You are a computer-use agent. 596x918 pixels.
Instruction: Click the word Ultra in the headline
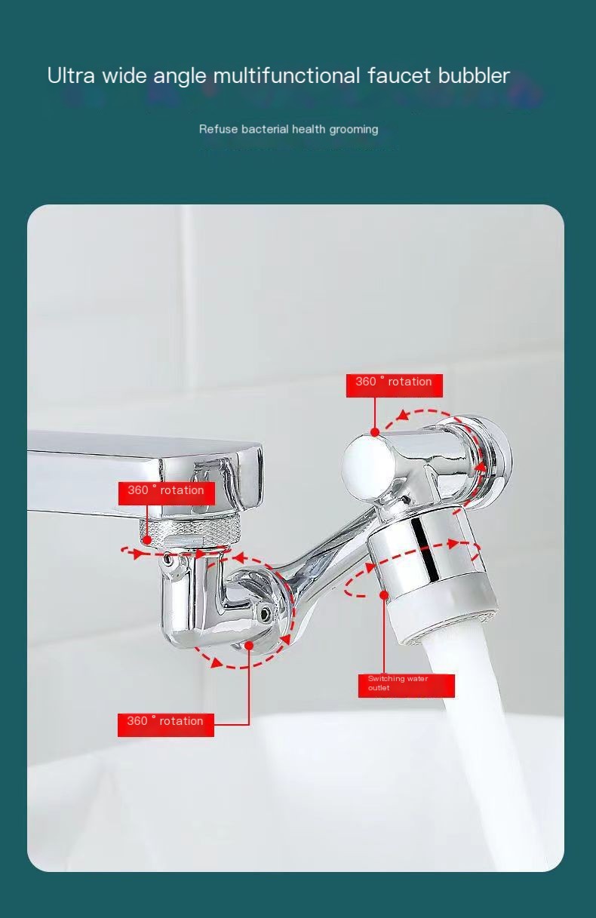tap(71, 75)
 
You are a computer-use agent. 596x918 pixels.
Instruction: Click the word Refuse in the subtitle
tap(218, 129)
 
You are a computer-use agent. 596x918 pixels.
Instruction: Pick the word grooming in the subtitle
tap(353, 129)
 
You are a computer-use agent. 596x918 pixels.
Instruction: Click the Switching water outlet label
tap(406, 684)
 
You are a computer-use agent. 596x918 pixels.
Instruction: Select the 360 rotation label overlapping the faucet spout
tap(166, 491)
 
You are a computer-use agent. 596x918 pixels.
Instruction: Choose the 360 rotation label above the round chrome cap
tap(394, 382)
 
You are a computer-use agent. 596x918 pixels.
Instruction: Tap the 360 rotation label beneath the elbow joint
tap(166, 722)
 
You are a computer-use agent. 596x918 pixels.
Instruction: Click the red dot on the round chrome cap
tap(375, 433)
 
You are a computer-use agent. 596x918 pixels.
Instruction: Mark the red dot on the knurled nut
tap(147, 540)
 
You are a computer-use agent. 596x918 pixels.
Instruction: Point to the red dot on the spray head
tap(384, 595)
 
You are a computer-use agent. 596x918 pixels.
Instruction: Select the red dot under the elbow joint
tap(249, 646)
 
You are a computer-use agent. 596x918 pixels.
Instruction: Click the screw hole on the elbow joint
tap(266, 613)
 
